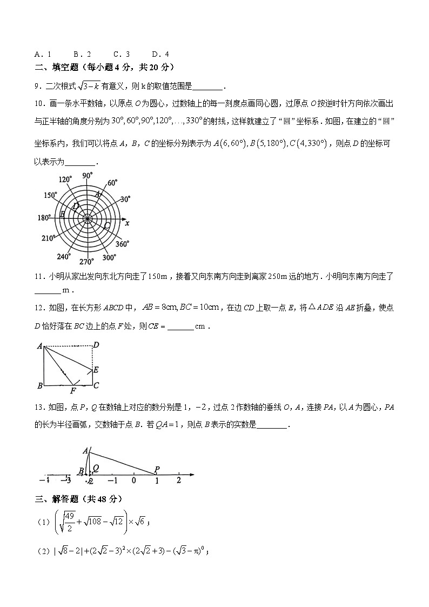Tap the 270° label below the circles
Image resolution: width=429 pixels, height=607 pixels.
[x=86, y=262]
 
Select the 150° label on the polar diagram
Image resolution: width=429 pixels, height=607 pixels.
[x=51, y=196]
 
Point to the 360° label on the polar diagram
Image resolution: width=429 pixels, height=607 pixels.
[x=122, y=244]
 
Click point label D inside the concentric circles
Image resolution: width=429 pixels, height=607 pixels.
[x=76, y=206]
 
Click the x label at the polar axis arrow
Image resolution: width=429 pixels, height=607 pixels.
[x=127, y=223]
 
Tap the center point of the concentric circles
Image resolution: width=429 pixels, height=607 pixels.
[x=87, y=218]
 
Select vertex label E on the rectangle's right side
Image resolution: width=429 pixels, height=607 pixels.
[x=96, y=370]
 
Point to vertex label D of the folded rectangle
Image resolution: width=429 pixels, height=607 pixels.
[x=96, y=345]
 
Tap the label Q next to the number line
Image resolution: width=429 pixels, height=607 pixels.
[x=96, y=468]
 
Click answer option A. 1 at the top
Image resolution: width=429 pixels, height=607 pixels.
[x=43, y=54]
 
